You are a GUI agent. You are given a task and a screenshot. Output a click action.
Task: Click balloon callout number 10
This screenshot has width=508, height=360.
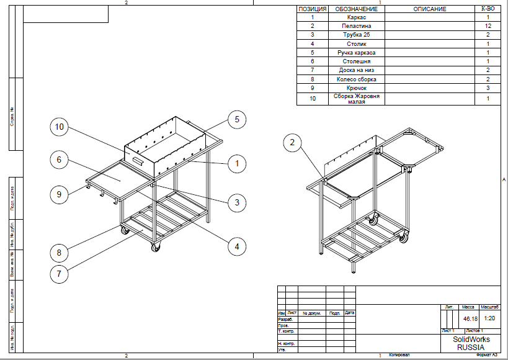pos(60,127)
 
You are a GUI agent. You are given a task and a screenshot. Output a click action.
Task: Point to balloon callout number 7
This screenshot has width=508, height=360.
pos(60,273)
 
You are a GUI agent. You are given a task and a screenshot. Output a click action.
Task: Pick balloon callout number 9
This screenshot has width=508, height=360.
pos(60,194)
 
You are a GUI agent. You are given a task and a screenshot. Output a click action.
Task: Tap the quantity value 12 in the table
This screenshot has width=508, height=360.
pos(489,27)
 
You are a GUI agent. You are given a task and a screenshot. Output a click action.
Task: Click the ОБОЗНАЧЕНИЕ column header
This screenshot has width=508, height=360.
pos(356,9)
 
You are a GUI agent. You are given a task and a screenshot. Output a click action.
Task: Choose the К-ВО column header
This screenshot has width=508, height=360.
pos(489,9)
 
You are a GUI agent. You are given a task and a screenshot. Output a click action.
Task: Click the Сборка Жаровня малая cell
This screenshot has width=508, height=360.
pos(356,99)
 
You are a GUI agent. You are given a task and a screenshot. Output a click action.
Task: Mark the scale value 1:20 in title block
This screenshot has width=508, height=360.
pos(489,318)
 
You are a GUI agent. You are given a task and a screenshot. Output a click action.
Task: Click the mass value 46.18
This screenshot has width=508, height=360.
pos(470,318)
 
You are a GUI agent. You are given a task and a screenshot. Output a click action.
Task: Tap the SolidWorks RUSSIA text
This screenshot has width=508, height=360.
pos(471,343)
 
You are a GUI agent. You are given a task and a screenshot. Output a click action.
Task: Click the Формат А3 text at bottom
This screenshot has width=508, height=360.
pos(486,356)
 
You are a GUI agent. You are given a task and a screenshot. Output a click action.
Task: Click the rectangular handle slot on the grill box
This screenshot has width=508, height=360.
pos(136,161)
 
